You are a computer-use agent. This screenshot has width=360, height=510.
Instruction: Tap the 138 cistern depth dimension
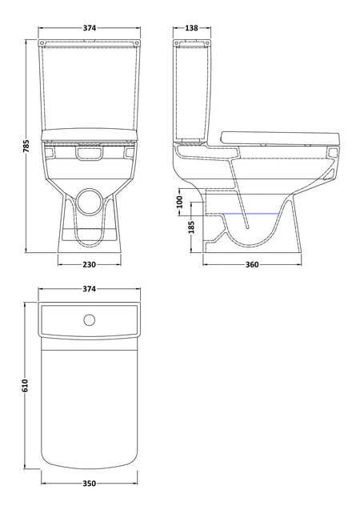point(192,28)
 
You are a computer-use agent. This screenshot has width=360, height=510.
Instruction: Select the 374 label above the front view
point(90,28)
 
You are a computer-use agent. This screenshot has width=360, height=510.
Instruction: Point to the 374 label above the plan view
point(90,288)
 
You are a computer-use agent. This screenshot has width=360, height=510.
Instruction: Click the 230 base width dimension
point(90,265)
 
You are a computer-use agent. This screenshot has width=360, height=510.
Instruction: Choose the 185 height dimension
point(191,227)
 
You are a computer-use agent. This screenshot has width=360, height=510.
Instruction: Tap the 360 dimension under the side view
point(252,265)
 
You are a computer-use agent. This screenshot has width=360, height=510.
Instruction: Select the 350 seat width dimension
point(90,484)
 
